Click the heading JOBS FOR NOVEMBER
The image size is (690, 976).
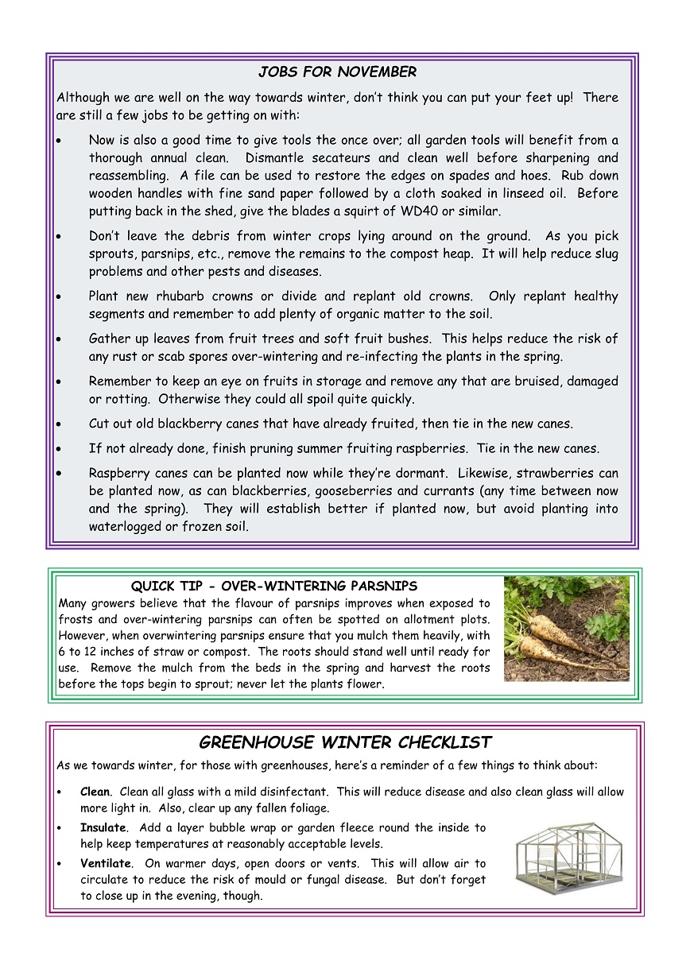tap(337, 72)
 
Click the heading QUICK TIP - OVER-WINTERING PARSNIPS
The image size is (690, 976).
tap(273, 587)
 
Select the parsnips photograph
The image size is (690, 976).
tap(566, 628)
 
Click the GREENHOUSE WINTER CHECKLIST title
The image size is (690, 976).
tap(345, 743)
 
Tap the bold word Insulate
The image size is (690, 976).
tap(103, 827)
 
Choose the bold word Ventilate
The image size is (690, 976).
tap(106, 863)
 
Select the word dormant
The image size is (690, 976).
tap(429, 474)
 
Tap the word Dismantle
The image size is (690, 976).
tap(277, 158)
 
